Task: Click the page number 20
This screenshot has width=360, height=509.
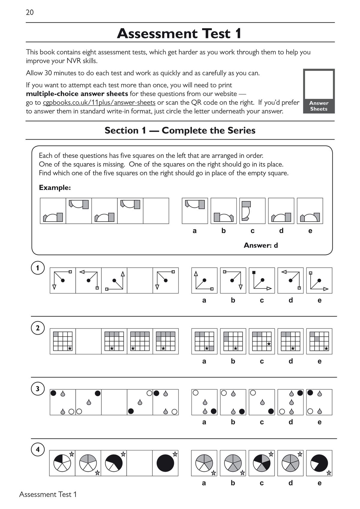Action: [x=30, y=12]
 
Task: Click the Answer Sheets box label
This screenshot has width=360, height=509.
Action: [x=319, y=106]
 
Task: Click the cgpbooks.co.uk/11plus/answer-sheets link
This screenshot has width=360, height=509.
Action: [x=99, y=103]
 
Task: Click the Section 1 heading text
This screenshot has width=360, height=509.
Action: [x=180, y=130]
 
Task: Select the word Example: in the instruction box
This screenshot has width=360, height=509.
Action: [x=55, y=188]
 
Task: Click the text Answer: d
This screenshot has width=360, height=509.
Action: [x=261, y=245]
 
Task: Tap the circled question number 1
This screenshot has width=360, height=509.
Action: [x=37, y=268]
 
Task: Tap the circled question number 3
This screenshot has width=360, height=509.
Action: [x=37, y=389]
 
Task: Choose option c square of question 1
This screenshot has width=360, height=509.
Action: [x=262, y=280]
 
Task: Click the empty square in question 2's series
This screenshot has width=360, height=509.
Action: [x=88, y=341]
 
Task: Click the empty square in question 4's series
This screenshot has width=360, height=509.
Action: [x=139, y=463]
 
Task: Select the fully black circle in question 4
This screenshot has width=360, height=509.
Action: [x=165, y=463]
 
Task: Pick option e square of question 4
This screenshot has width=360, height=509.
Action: [x=319, y=463]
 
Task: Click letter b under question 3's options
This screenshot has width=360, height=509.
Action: [x=233, y=422]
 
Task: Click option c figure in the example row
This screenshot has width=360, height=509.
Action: [x=252, y=211]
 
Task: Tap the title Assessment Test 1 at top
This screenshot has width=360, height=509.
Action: [x=179, y=33]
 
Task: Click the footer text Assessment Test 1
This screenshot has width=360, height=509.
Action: [x=48, y=494]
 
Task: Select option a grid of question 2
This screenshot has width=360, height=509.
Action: [x=204, y=341]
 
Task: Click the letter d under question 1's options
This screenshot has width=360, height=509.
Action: [x=290, y=300]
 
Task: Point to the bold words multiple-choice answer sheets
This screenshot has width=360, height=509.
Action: [x=77, y=94]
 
